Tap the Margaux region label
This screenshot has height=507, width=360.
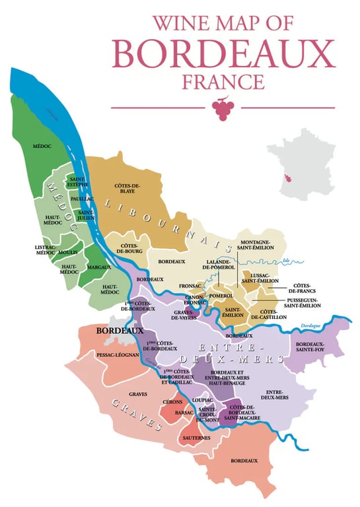pyautogui.click(x=98, y=267)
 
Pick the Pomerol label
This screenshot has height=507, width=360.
pyautogui.click(x=221, y=295)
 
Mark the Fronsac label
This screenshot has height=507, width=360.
pyautogui.click(x=191, y=286)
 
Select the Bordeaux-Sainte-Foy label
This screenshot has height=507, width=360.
pyautogui.click(x=314, y=348)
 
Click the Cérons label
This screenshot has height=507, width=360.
pyautogui.click(x=173, y=401)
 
